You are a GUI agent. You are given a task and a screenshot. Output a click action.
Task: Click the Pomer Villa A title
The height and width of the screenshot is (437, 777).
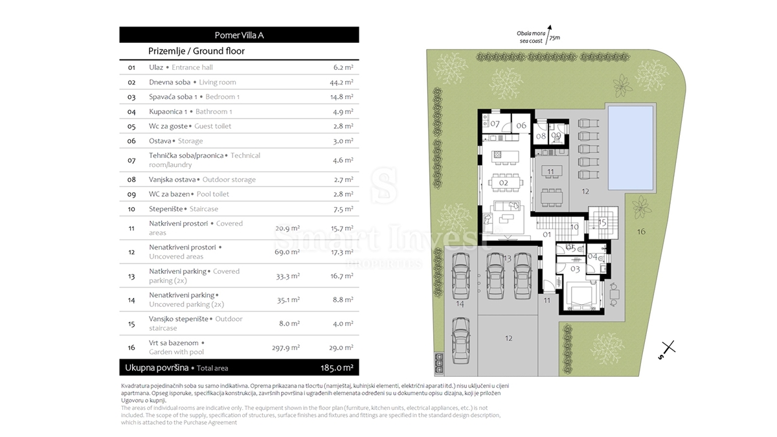[239, 35]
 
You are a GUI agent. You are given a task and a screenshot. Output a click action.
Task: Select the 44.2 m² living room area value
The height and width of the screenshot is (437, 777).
[341, 82]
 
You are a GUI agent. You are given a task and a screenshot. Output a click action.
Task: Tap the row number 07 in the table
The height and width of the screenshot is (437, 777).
[131, 161]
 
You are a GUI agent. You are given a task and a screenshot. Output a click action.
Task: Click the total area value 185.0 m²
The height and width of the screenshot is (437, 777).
[337, 368]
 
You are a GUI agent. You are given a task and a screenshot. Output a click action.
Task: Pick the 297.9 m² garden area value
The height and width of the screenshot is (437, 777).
[286, 348]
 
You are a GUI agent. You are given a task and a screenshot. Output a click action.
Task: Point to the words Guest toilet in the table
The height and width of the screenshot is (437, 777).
[212, 126]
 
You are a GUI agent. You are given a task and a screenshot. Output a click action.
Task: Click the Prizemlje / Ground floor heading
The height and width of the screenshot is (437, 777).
[196, 51]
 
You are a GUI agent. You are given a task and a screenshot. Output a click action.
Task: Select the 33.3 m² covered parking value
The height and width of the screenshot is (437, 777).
[288, 276]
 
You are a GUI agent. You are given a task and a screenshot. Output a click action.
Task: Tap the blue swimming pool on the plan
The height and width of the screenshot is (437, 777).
[631, 148]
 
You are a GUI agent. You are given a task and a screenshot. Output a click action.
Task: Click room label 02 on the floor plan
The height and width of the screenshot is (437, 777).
[503, 183]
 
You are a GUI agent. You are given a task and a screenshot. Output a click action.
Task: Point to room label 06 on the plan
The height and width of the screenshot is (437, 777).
[521, 126]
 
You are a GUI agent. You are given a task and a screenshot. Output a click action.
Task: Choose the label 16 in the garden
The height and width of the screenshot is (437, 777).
[641, 232]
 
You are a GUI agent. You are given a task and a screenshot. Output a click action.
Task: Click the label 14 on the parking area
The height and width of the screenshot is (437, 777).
[460, 304]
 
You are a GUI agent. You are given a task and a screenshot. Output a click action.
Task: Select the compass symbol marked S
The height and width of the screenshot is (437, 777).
[668, 349]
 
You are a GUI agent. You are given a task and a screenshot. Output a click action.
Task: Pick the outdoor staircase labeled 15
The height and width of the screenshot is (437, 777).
[603, 223]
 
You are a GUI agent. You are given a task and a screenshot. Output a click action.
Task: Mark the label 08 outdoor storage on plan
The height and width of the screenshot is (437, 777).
[541, 137]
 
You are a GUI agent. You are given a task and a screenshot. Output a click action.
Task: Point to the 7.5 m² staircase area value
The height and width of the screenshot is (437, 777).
[343, 209]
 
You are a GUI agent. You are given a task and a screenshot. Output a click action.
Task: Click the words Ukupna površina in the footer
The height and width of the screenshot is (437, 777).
[157, 368]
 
